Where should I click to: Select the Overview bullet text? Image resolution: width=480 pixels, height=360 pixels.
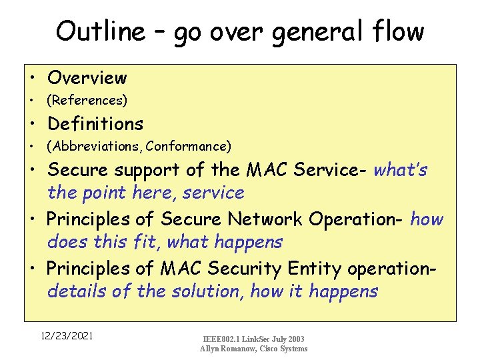click(87, 78)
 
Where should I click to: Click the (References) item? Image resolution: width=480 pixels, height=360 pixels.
click(86, 101)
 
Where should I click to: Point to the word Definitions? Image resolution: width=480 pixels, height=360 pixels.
click(95, 124)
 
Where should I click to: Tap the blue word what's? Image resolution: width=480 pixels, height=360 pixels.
click(401, 170)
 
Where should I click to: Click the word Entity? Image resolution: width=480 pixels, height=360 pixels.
click(314, 268)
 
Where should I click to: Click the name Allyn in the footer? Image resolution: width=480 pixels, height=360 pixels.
click(213, 349)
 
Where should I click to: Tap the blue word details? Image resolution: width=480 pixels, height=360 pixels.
click(72, 291)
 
